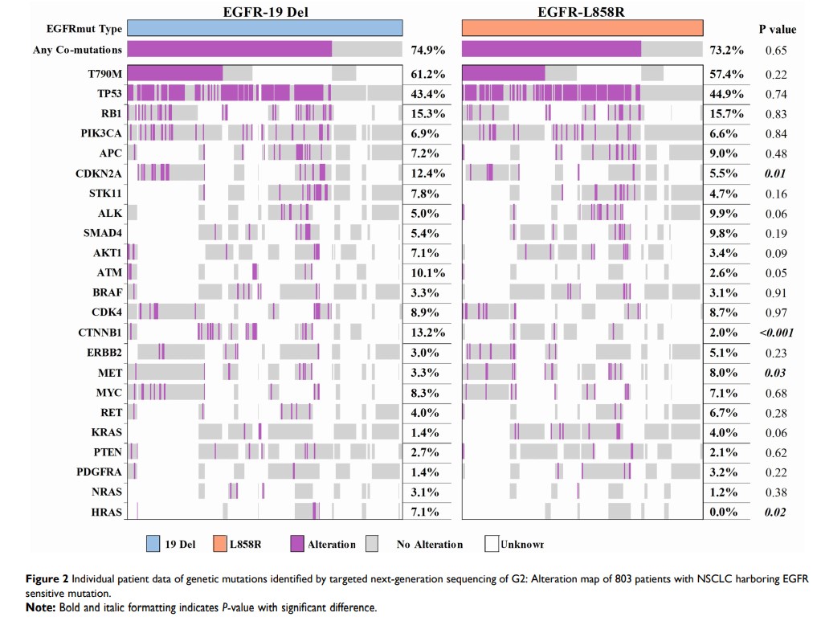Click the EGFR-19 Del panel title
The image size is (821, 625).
(x=263, y=11)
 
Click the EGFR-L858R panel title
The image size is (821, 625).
(x=584, y=11)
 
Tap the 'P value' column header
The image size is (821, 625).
(x=777, y=29)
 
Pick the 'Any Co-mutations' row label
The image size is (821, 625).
(x=78, y=50)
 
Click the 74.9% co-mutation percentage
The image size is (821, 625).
(x=428, y=50)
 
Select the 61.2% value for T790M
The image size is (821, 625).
(x=428, y=74)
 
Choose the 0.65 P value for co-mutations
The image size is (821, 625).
(x=776, y=50)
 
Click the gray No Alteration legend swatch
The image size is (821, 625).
(x=372, y=545)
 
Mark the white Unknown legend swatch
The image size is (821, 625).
(x=491, y=545)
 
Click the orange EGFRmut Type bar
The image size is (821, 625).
(x=582, y=28)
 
